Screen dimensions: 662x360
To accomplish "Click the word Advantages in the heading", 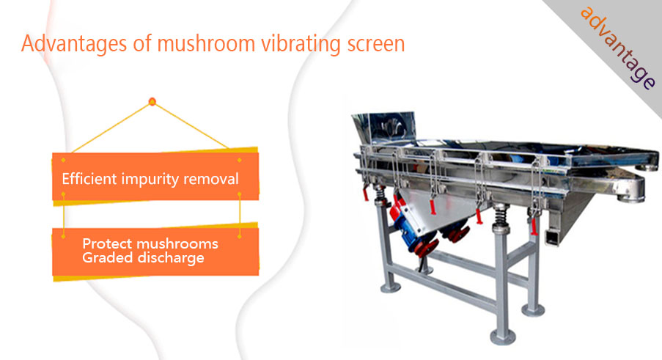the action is click(x=74, y=44).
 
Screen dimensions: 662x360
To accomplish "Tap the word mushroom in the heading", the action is click(x=206, y=43).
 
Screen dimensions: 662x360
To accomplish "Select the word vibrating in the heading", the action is click(x=301, y=44).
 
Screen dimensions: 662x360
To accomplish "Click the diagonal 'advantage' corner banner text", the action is click(x=618, y=48).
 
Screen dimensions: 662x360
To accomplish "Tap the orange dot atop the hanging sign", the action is click(x=152, y=102).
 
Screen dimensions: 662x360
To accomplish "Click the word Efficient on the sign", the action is click(x=89, y=178).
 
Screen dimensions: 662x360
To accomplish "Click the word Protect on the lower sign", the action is click(x=107, y=243).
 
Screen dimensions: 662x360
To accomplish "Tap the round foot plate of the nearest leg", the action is click(x=502, y=337).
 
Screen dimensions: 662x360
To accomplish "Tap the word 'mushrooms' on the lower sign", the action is click(x=177, y=243).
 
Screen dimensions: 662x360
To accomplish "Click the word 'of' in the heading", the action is click(x=142, y=43).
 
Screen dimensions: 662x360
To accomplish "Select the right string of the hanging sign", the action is click(x=191, y=125).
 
